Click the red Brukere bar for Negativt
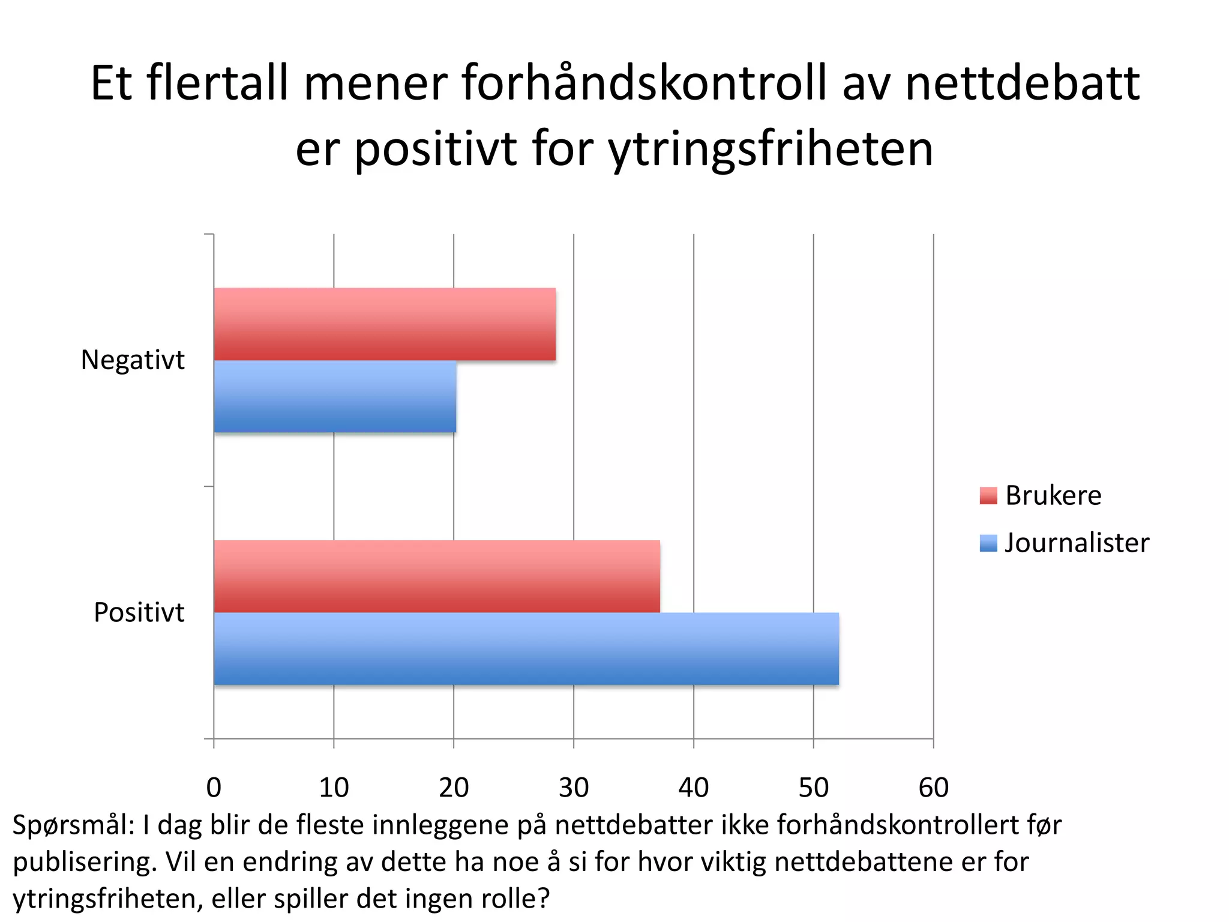(385, 324)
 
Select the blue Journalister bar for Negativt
(335, 396)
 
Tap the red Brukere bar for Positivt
(437, 576)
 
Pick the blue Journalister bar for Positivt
(526, 648)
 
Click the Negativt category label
(133, 360)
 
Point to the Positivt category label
(139, 613)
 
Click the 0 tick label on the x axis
(214, 788)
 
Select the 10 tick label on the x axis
(334, 788)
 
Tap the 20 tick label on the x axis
(454, 788)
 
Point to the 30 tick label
(574, 788)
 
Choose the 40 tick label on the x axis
(694, 788)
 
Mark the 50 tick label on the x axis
(814, 788)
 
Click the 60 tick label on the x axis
(934, 788)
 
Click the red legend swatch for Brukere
(988, 496)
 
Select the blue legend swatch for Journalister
(988, 543)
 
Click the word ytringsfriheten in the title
(771, 150)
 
